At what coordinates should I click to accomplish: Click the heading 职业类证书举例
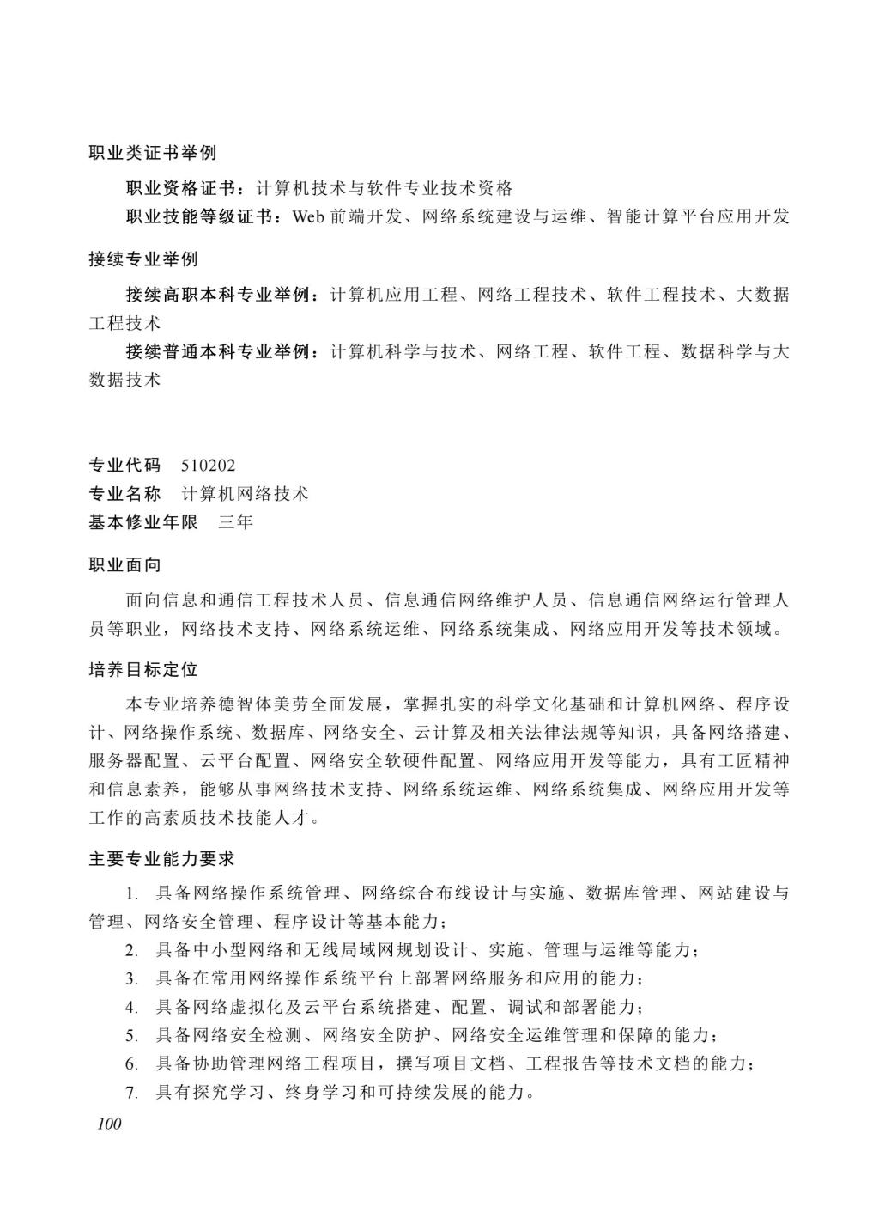tap(152, 153)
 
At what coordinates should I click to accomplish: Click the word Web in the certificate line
tap(307, 216)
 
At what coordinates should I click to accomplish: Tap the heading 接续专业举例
tap(142, 259)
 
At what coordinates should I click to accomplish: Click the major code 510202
tap(209, 466)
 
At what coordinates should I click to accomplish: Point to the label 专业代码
tap(124, 466)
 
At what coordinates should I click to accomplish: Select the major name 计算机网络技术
tap(246, 494)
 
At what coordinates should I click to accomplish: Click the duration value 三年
tap(235, 521)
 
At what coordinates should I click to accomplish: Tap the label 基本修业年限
tap(142, 521)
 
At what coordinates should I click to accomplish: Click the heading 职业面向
tap(124, 564)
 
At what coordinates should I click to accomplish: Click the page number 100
tap(109, 1124)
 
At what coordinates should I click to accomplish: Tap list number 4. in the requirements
tap(131, 1007)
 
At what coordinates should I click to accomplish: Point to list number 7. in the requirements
tap(131, 1094)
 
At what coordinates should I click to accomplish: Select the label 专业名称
tap(124, 494)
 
